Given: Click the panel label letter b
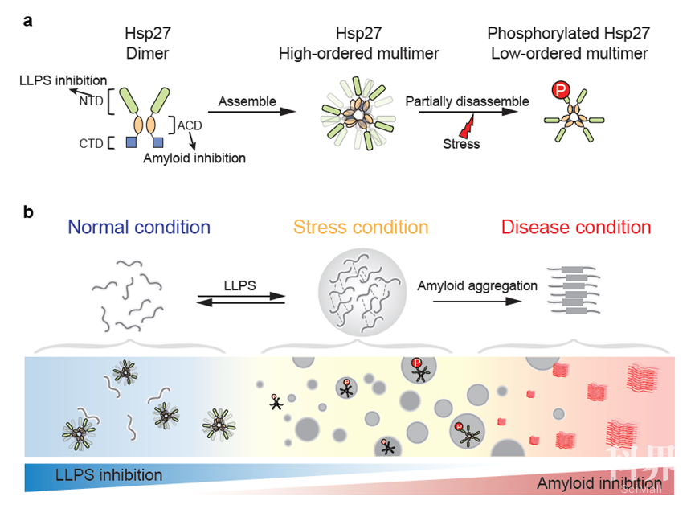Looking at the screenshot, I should click(x=28, y=213).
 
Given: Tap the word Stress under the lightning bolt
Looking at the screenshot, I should click(x=460, y=144).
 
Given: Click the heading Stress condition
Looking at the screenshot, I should click(x=361, y=228).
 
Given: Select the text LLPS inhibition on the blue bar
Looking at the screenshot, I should click(x=108, y=475).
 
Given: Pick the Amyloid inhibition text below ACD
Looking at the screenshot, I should click(x=194, y=158).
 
